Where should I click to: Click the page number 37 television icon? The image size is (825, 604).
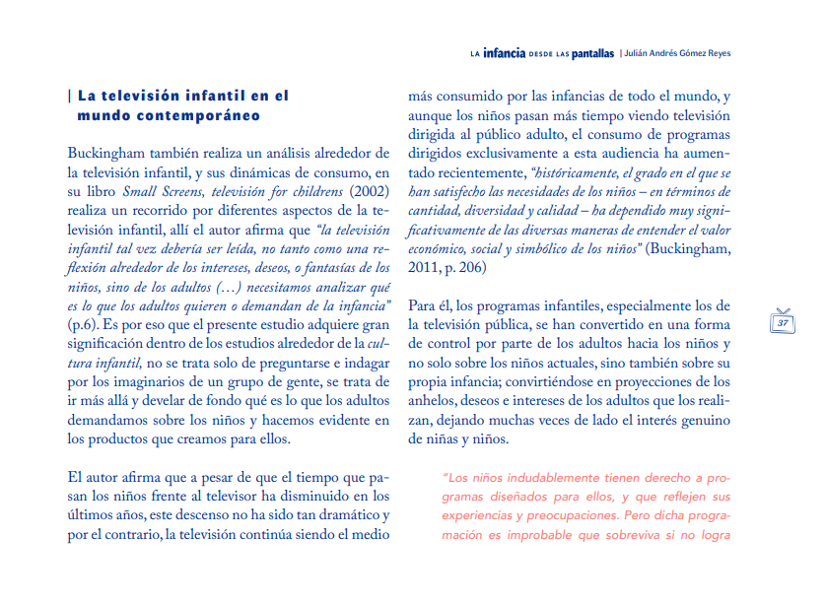[784, 320]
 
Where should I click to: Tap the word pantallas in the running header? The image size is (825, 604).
[589, 53]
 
